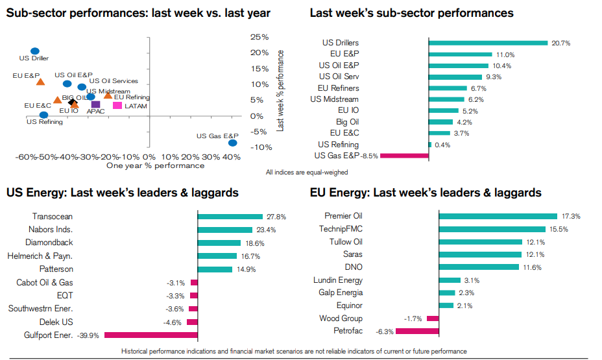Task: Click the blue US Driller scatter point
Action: click(35, 51)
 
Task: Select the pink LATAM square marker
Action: click(117, 105)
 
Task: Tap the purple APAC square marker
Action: click(96, 104)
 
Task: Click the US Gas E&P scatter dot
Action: click(232, 143)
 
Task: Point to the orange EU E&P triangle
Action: click(40, 82)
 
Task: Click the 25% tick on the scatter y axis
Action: click(260, 36)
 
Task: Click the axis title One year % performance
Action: click(155, 165)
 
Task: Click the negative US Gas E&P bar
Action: click(404, 156)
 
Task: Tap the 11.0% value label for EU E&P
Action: click(505, 54)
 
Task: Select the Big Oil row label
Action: click(347, 122)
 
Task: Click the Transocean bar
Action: click(230, 217)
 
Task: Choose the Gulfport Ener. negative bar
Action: click(150, 335)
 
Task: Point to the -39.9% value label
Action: click(90, 335)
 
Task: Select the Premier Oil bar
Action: click(498, 217)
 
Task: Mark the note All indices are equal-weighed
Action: click(307, 173)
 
